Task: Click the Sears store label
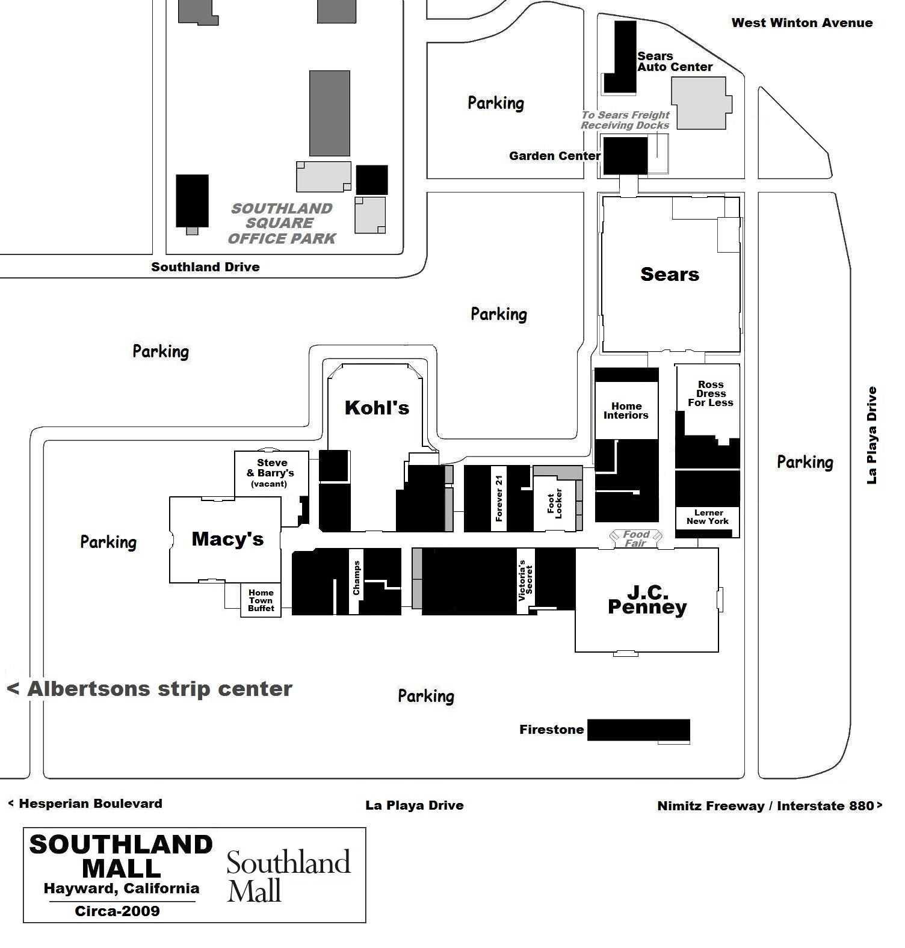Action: click(670, 274)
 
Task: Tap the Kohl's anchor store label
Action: click(377, 408)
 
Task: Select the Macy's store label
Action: click(227, 539)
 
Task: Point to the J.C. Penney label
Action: click(647, 600)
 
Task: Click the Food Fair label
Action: click(636, 538)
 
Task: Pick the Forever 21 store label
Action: click(499, 498)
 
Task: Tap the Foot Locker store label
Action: click(555, 503)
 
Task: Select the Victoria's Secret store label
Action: click(525, 580)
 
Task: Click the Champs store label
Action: click(356, 578)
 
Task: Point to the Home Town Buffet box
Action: click(261, 600)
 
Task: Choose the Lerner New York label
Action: click(708, 517)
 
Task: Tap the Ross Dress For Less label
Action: click(711, 394)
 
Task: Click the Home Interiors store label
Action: click(626, 411)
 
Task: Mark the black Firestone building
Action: click(638, 730)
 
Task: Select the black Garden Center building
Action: click(625, 156)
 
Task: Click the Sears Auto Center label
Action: click(675, 61)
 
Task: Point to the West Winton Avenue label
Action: click(802, 23)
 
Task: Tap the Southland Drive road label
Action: click(205, 267)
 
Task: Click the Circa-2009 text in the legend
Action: click(117, 911)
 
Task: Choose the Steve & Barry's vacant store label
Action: click(271, 473)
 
